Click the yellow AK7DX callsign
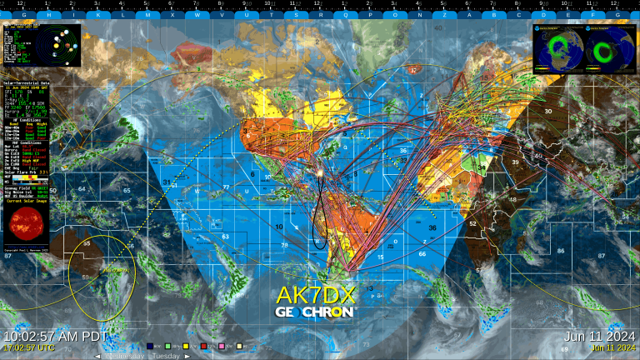[316, 294]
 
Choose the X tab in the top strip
[172, 15]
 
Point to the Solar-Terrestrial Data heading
[26, 83]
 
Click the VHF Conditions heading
[26, 142]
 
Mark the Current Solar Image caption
[26, 201]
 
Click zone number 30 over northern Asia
[547, 111]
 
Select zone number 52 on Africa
[472, 223]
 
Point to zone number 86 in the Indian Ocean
[560, 251]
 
